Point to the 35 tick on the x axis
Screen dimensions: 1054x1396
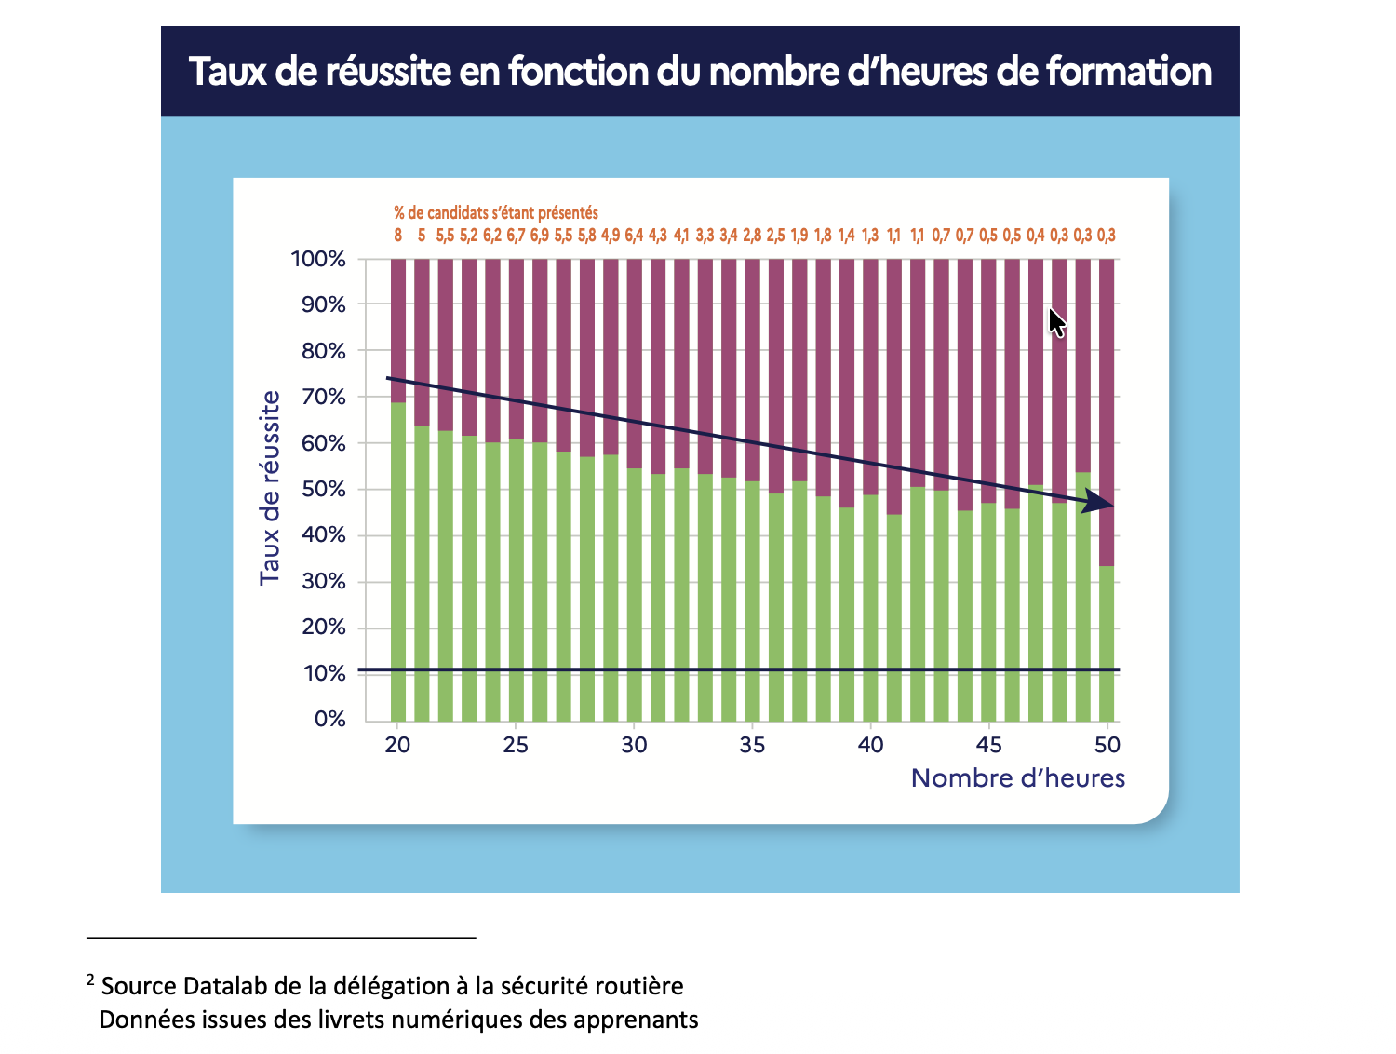point(752,745)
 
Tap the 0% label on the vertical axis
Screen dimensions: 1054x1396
point(329,719)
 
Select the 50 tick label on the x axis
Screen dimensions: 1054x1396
point(1107,745)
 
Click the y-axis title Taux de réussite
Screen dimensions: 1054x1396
point(270,488)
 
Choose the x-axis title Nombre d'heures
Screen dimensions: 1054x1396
point(1017,778)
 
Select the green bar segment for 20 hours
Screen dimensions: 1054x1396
point(398,561)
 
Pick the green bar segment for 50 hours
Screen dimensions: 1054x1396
point(1107,642)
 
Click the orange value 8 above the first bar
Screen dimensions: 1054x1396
point(398,236)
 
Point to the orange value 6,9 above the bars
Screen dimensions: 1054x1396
point(540,236)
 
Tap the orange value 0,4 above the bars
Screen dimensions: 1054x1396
point(1036,236)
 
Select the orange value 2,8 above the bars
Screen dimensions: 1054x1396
point(752,236)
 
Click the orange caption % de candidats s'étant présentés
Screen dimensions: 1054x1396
point(495,213)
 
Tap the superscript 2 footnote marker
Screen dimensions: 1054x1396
point(90,980)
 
